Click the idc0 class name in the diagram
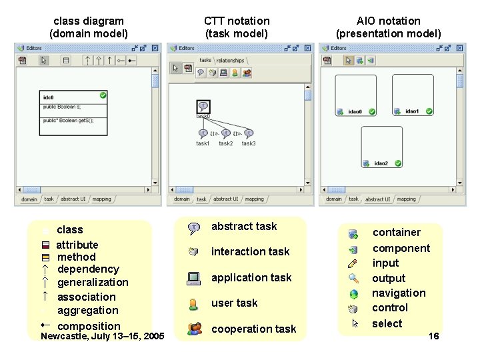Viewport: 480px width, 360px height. (48, 97)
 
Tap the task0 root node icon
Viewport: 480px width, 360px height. (203, 105)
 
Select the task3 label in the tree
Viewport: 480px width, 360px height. (249, 143)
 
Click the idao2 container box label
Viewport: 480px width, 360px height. (381, 163)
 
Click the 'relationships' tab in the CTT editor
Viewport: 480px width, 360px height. (230, 61)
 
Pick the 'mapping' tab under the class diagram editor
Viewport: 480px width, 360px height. (101, 199)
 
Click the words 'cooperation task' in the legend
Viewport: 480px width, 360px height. (253, 329)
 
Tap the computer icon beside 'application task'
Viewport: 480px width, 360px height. (194, 278)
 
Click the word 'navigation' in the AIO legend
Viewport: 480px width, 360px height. (399, 293)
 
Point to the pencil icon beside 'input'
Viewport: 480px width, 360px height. (353, 263)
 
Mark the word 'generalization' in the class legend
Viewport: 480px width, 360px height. (93, 283)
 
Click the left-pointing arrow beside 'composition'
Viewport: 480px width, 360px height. (44, 325)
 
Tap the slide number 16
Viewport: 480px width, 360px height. (433, 337)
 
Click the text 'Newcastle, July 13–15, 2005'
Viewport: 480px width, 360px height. (103, 336)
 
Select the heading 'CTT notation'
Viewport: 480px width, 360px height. (237, 21)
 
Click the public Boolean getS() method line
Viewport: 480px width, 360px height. (69, 121)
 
